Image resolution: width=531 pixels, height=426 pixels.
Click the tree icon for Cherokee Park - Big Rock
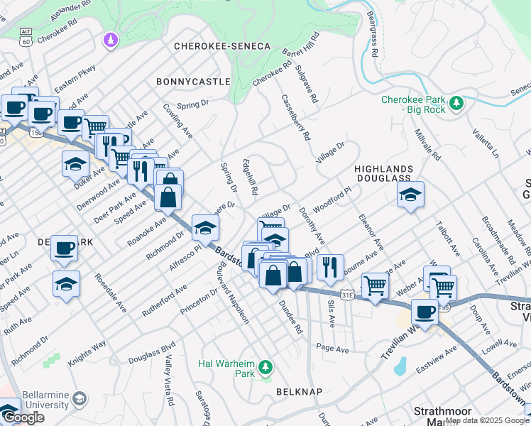point(458,104)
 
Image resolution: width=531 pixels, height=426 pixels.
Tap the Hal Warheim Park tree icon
point(265,367)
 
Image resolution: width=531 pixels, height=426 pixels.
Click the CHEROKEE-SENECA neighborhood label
point(223,46)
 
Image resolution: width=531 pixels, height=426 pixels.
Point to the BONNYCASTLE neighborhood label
point(194,82)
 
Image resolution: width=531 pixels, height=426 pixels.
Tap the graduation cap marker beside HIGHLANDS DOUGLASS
point(410,196)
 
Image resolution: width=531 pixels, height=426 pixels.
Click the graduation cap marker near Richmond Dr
point(205,227)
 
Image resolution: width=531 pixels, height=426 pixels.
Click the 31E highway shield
point(347,294)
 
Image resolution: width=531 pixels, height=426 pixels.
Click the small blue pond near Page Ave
point(399,366)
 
